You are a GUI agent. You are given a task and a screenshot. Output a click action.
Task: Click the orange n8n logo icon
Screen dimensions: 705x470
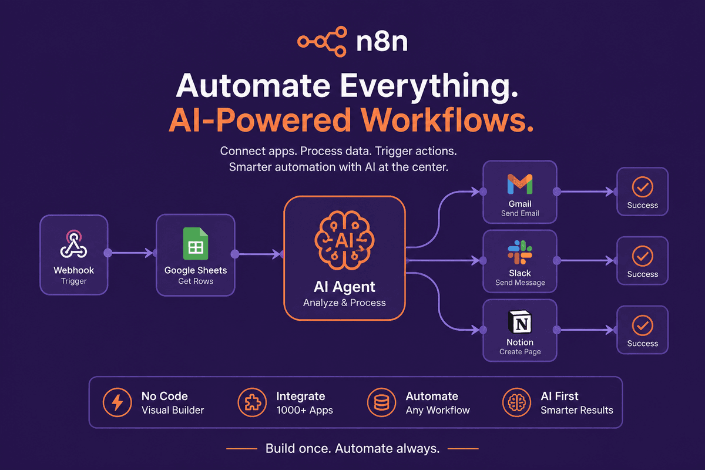click(x=323, y=42)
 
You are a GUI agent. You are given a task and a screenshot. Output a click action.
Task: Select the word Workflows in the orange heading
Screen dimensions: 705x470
click(x=447, y=120)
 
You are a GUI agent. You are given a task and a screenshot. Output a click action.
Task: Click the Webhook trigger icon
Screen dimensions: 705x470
click(x=73, y=244)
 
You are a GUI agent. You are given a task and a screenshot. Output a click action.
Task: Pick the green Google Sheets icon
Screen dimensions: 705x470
click(x=196, y=243)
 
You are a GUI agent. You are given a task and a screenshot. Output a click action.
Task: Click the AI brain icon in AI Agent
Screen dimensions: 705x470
click(x=344, y=240)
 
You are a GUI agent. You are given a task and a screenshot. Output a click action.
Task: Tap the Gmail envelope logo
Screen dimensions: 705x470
click(x=520, y=184)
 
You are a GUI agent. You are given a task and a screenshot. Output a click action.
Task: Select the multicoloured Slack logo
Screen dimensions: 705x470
click(x=520, y=252)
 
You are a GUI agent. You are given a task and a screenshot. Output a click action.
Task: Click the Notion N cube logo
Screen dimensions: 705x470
click(x=520, y=322)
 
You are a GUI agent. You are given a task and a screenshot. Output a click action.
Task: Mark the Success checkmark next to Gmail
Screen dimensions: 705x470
click(x=642, y=187)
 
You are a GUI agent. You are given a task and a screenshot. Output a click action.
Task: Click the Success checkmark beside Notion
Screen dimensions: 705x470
click(x=642, y=325)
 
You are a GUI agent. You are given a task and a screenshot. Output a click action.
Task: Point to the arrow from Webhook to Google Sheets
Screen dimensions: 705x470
click(x=132, y=253)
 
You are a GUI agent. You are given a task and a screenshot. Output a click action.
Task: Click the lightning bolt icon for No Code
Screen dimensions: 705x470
click(x=117, y=402)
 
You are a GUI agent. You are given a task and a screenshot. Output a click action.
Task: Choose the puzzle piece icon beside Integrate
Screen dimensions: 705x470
click(x=252, y=402)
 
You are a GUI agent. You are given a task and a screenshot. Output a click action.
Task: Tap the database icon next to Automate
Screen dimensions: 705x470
click(x=381, y=402)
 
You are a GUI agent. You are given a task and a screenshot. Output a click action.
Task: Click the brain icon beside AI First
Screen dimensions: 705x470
click(x=517, y=402)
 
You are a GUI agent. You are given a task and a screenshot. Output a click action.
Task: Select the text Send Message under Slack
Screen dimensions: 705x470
click(x=520, y=283)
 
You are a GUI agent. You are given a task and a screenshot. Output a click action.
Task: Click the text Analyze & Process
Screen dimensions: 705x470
click(x=344, y=303)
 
